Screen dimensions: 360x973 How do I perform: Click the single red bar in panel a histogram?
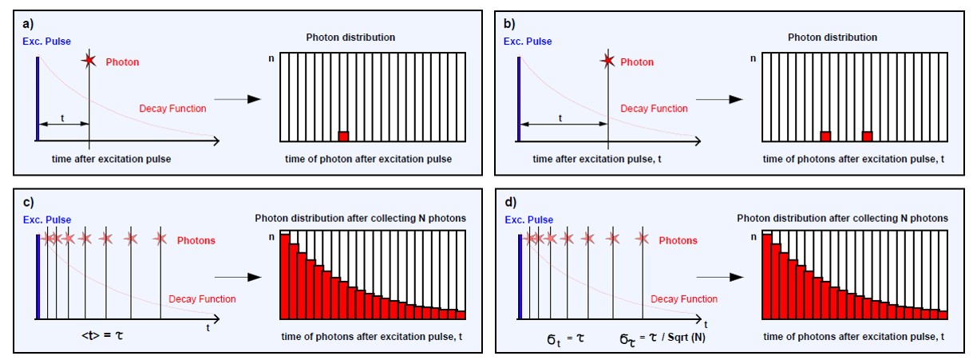tap(343, 136)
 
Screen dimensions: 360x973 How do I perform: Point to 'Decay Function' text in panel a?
tap(172, 108)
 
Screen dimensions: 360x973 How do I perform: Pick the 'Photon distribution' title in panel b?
tap(833, 38)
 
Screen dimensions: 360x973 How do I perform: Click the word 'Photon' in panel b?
tap(637, 62)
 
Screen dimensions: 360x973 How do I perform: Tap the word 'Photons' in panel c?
tap(196, 239)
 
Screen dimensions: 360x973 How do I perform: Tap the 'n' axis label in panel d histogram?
tap(754, 237)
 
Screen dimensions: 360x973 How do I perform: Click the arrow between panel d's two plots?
tap(726, 277)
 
